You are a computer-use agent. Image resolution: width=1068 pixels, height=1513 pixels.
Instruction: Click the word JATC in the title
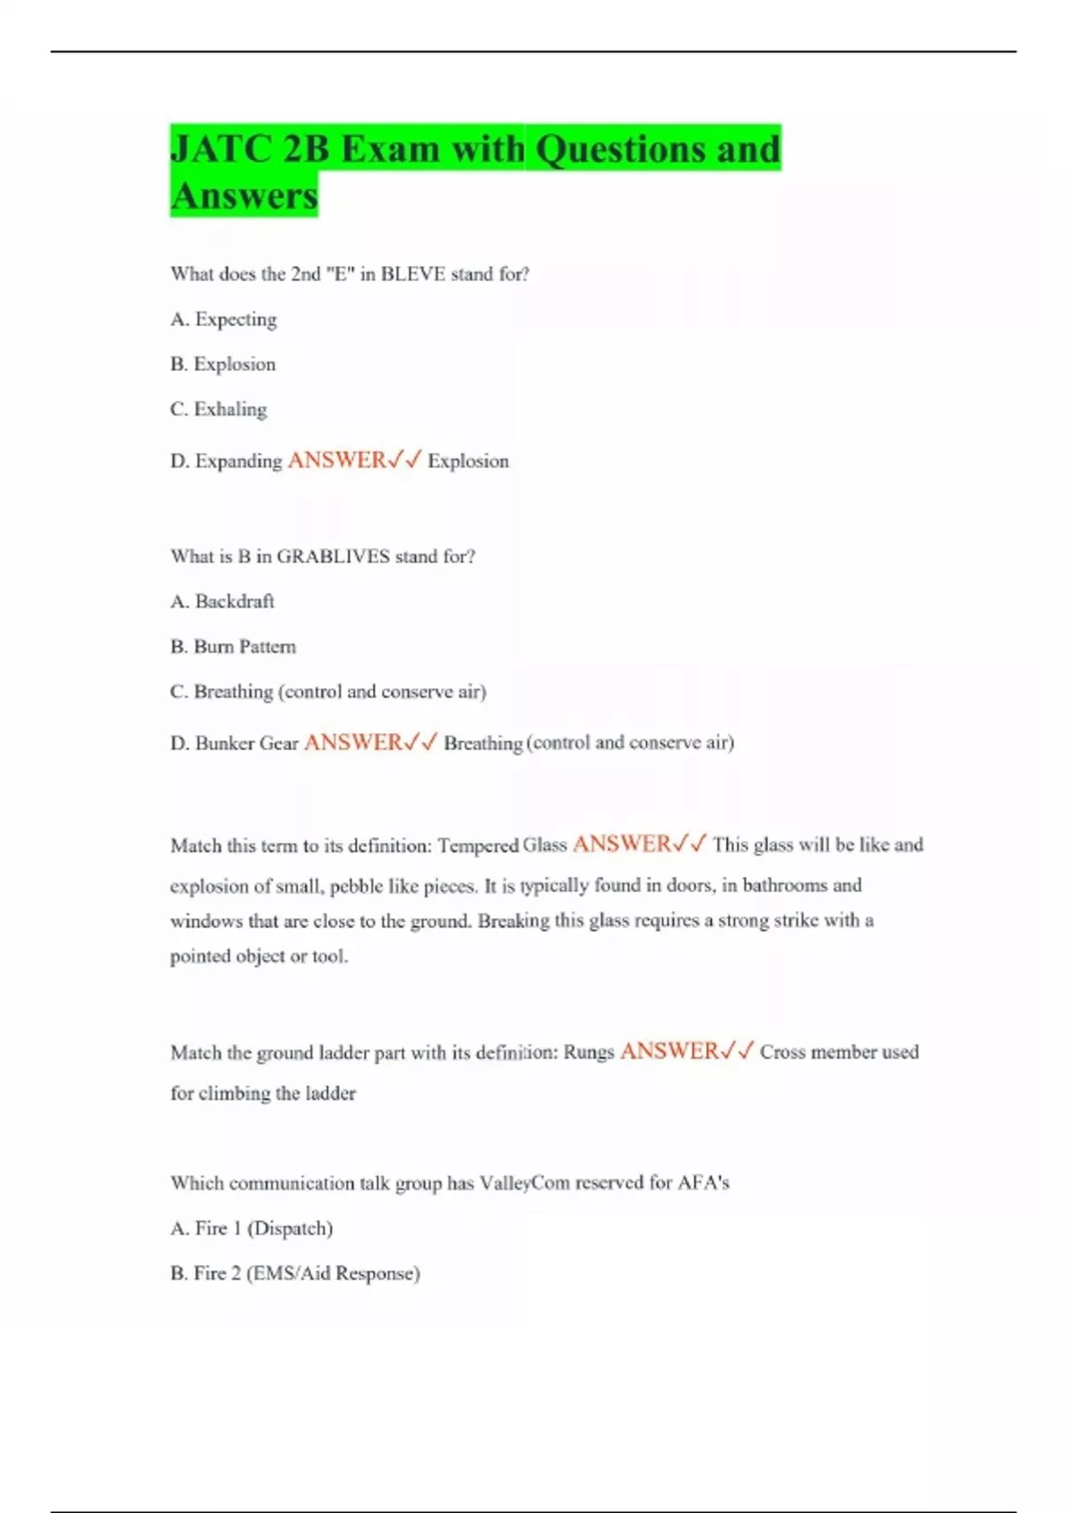click(x=220, y=149)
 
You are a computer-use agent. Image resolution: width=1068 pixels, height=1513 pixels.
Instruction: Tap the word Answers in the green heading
click(x=244, y=196)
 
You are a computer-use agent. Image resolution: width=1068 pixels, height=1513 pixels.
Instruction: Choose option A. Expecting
click(x=223, y=320)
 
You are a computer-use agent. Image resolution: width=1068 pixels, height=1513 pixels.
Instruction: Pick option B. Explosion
click(x=222, y=365)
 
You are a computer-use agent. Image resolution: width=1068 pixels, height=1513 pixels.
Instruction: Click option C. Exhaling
click(x=218, y=409)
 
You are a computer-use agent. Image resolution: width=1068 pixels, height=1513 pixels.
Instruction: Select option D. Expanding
click(x=226, y=461)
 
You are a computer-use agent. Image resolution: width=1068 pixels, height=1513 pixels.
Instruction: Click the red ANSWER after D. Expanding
click(x=336, y=460)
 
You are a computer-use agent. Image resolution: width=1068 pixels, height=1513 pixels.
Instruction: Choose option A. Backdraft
click(x=222, y=602)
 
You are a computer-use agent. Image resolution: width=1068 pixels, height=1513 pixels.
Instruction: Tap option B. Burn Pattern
click(x=232, y=647)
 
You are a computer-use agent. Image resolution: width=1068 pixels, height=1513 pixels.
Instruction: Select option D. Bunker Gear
click(x=234, y=743)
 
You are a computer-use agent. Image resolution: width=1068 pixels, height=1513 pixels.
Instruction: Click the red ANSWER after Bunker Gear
click(x=353, y=742)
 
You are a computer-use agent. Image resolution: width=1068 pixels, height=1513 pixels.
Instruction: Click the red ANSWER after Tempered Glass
click(x=621, y=844)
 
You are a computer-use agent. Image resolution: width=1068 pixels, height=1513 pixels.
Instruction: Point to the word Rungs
click(x=588, y=1052)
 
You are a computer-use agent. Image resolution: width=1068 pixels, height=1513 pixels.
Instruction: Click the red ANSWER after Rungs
click(x=669, y=1051)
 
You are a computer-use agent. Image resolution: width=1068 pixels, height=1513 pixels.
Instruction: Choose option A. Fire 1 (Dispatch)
click(x=251, y=1229)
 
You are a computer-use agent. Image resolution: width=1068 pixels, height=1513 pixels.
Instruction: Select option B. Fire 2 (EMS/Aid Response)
click(x=295, y=1274)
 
